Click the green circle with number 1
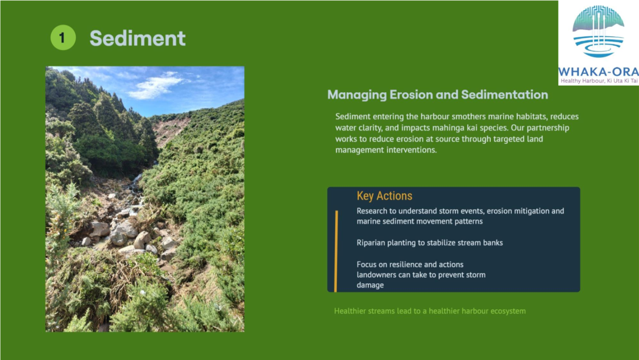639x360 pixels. point(63,37)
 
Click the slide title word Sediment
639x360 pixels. point(137,38)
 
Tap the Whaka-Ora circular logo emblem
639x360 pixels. point(598,31)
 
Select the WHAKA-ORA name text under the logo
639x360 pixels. point(598,72)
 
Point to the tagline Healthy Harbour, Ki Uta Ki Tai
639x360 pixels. point(599,81)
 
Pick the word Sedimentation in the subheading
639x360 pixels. point(504,95)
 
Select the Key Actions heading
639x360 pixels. point(384,196)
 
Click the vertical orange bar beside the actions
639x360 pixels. point(336,251)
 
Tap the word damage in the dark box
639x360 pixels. point(370,285)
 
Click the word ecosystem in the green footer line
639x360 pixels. point(508,311)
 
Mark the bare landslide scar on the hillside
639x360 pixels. point(170,130)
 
